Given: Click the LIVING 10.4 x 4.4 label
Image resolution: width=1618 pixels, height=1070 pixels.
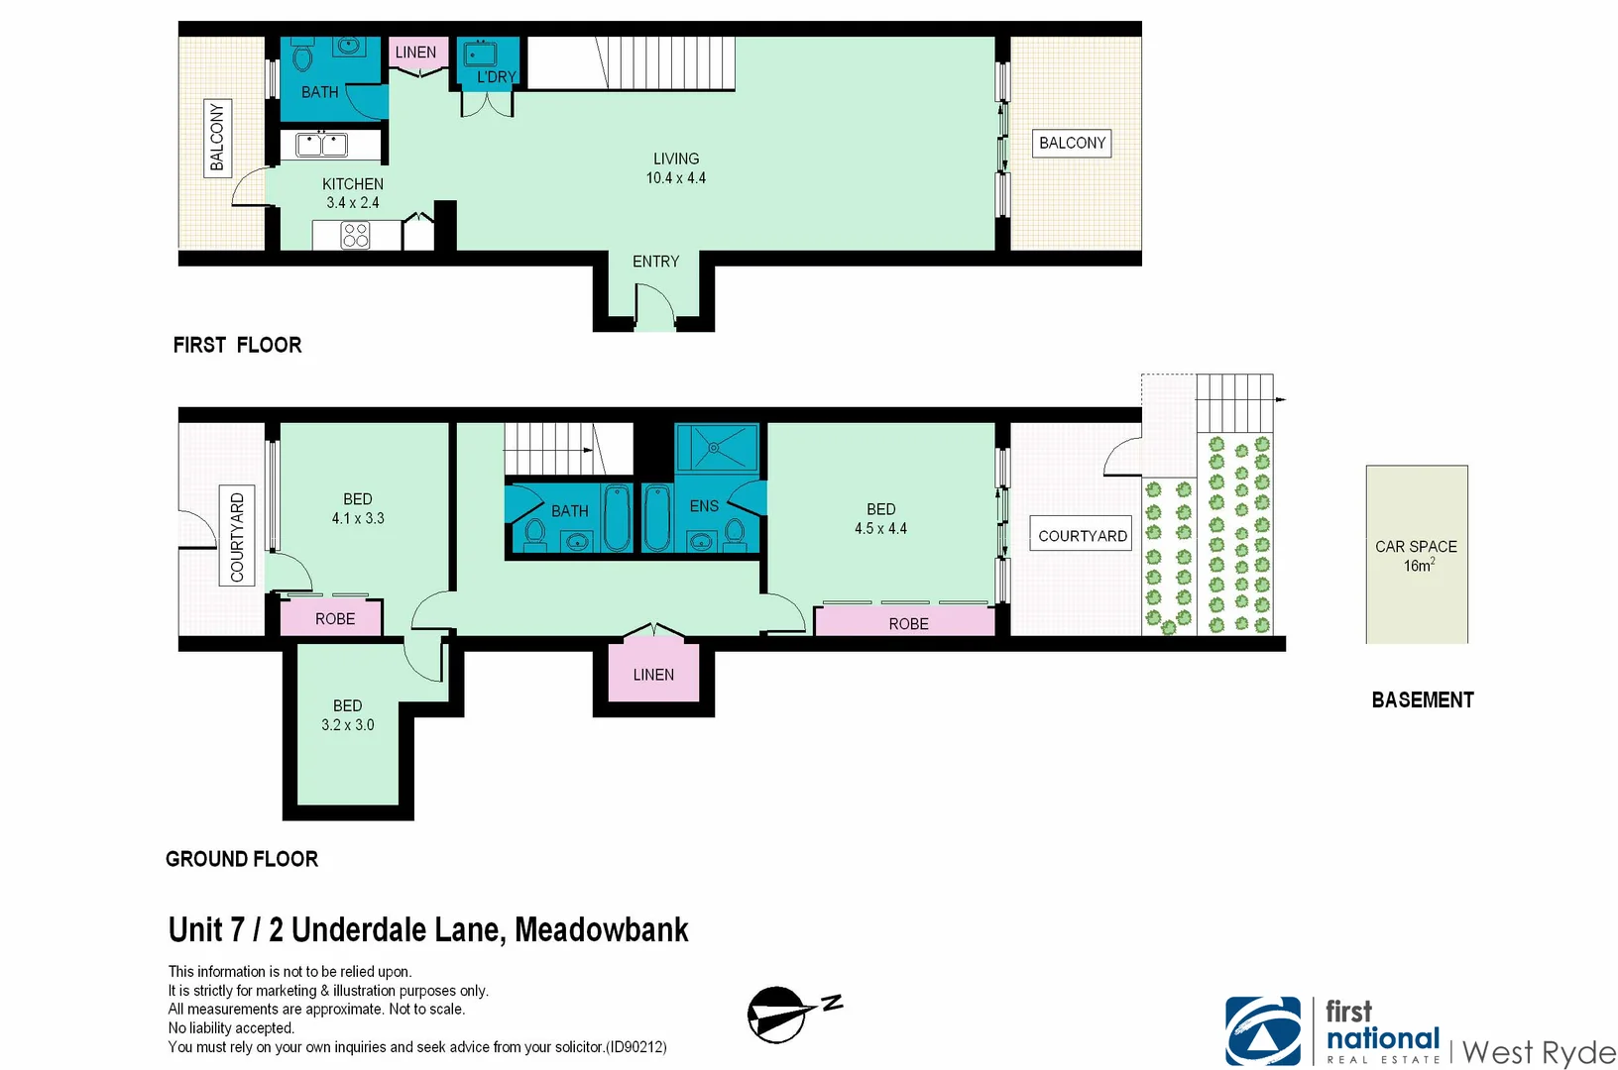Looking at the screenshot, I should point(676,168).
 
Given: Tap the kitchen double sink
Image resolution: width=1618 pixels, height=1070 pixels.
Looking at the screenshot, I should point(322,146).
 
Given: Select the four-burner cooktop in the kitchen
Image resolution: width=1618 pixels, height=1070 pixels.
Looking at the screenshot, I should point(355,235).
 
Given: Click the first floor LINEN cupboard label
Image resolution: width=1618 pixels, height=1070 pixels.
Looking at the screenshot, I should point(415,53).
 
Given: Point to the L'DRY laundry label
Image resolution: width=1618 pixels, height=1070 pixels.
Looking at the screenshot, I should point(496,76).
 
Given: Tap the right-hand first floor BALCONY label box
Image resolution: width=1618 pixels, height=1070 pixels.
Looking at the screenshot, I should point(1072,144).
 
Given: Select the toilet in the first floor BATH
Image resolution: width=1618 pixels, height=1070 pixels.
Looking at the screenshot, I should point(303,57).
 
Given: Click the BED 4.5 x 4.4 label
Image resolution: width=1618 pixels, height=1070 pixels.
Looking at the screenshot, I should point(880,518).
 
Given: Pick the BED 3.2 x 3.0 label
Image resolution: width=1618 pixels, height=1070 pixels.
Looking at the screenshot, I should point(347,715).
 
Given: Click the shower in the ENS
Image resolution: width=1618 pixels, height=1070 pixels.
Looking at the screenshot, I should point(716,448).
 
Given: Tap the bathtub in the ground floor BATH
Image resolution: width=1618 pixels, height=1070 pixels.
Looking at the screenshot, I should point(617,517).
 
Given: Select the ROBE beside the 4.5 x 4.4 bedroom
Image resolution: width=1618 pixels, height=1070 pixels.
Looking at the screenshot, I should point(907,623).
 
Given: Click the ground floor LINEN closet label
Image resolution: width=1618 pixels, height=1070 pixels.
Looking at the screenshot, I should point(653,675).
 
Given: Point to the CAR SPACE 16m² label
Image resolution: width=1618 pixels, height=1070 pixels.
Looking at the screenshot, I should point(1416,556).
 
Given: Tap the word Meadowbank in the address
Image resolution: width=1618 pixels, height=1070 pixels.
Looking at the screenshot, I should point(601,930).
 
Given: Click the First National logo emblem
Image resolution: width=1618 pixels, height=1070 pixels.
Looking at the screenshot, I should point(1262,1030).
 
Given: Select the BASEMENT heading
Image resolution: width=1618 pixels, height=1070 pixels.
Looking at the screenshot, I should point(1422,700).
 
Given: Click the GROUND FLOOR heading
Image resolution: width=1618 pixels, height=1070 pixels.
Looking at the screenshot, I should point(242,859).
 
